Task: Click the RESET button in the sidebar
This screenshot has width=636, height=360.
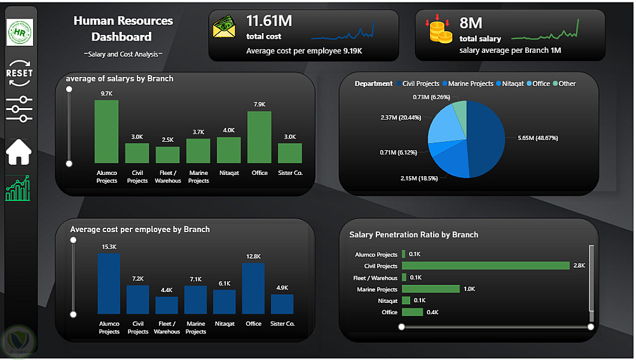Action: (19, 73)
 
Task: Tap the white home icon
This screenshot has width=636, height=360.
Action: (18, 152)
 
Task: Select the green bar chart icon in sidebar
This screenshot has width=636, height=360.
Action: (18, 188)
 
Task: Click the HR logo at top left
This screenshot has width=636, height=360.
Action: (20, 32)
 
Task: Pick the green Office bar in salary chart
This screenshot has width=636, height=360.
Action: (259, 137)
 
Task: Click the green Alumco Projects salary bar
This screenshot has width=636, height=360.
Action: (106, 132)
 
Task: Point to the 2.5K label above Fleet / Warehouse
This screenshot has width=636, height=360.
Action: (167, 140)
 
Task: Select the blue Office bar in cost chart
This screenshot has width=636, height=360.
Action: (253, 288)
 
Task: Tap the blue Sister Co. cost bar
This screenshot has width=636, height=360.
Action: (282, 304)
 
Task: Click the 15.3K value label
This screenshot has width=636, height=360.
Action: (109, 247)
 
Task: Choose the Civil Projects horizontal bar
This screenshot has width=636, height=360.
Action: (485, 265)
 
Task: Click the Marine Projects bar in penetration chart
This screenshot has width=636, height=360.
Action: (431, 289)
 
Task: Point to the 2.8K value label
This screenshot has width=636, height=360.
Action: (579, 265)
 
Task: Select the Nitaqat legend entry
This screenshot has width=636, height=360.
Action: (510, 83)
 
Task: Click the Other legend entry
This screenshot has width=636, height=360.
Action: (564, 83)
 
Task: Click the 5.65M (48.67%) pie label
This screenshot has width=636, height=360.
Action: (538, 138)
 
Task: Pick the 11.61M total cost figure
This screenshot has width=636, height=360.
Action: (269, 21)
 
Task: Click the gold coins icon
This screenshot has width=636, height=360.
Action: (439, 29)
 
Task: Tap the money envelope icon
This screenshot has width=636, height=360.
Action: (224, 27)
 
